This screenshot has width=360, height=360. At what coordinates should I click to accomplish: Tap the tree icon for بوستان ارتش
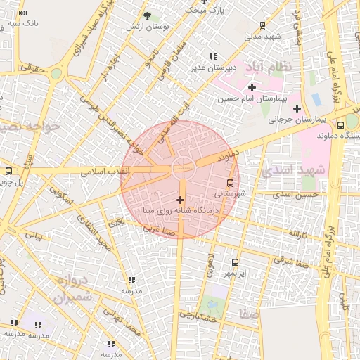(146, 15)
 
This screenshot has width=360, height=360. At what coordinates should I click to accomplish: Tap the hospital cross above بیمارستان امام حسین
(252, 87)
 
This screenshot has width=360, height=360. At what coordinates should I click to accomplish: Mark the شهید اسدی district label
(292, 170)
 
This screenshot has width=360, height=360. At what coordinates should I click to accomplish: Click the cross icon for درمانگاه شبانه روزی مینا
(181, 200)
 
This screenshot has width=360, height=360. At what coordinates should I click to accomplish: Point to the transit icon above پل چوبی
(8, 171)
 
